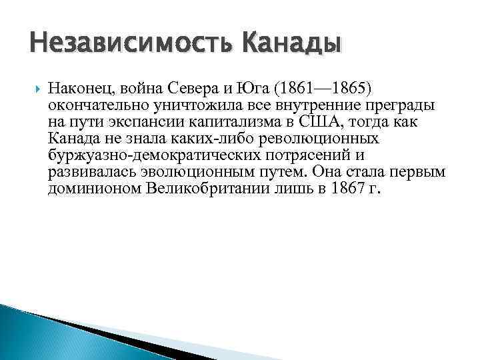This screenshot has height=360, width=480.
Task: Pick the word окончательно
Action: (92, 107)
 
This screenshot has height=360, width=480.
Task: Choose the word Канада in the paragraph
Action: (72, 139)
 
